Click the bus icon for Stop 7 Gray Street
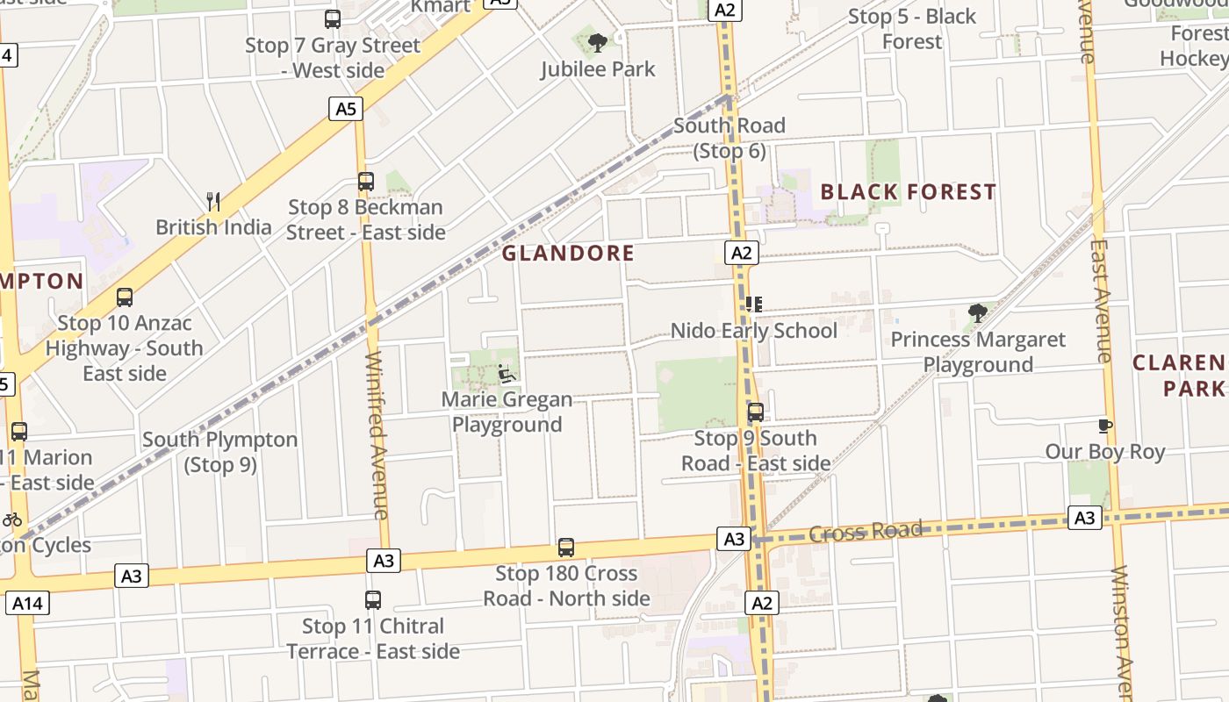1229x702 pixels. tap(333, 18)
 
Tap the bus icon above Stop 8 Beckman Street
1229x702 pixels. tap(366, 182)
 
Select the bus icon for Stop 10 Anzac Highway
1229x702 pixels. tap(125, 297)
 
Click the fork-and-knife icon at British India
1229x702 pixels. tap(213, 201)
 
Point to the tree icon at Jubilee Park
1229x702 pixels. tap(598, 41)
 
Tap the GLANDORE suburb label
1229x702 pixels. tap(568, 254)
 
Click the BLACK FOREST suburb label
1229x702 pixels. tap(908, 192)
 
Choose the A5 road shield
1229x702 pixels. tap(347, 109)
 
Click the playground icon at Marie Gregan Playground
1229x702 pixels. tap(507, 374)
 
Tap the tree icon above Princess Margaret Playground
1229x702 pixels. tap(977, 312)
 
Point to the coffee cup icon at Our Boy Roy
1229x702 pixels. tap(1105, 426)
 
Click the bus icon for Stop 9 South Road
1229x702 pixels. tap(756, 412)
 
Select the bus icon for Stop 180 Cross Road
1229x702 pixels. tap(566, 548)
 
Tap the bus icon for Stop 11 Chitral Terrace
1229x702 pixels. tap(373, 600)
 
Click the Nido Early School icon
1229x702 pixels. tap(753, 304)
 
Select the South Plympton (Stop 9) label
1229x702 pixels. tap(219, 452)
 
